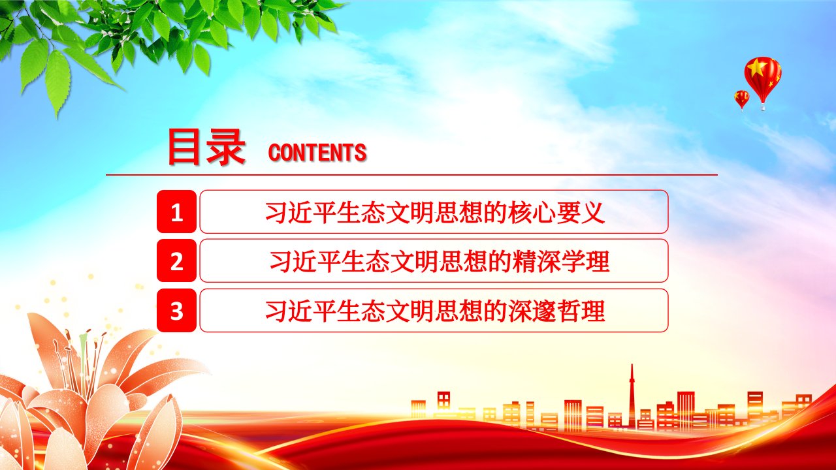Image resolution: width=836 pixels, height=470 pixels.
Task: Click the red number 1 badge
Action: pos(176,211)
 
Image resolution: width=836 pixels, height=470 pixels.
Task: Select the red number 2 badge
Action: pos(176,260)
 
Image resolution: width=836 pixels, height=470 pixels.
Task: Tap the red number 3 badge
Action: pos(176,310)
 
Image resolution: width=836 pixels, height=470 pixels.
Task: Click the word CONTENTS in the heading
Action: pos(317,152)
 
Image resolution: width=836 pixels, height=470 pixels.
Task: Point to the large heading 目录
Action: pos(206,147)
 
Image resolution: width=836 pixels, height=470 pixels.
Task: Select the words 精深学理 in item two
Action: pos(561,261)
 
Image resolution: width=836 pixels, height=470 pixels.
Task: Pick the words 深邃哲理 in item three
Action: pos(556,311)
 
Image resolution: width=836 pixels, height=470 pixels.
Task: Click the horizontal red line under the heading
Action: pos(411,174)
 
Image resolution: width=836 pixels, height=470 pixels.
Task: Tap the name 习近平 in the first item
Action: pos(300,213)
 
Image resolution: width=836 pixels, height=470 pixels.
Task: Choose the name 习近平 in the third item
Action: pos(300,311)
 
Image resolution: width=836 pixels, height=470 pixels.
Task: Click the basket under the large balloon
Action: pos(764,108)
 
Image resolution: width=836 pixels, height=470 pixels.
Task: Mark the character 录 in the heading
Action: pos(226,147)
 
